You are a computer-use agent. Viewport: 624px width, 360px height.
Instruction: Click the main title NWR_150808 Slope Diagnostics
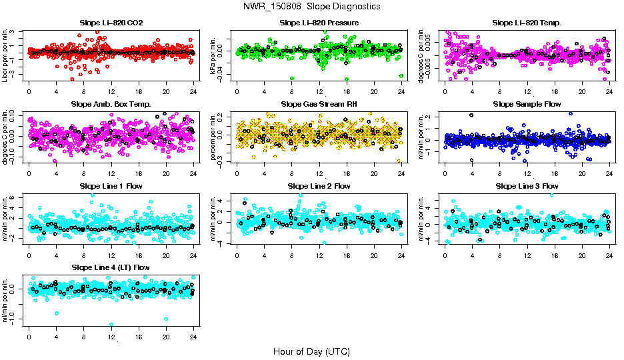(x=312, y=6)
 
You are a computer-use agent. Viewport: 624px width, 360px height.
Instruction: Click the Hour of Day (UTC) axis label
(x=311, y=351)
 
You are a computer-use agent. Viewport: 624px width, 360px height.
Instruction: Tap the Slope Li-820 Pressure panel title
(x=319, y=23)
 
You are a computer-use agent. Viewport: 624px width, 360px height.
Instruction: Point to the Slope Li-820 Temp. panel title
(x=527, y=23)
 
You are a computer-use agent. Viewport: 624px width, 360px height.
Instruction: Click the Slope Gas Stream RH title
(x=319, y=104)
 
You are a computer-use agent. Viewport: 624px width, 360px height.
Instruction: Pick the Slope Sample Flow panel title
(x=527, y=104)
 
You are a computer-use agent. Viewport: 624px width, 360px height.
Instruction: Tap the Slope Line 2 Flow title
(x=319, y=185)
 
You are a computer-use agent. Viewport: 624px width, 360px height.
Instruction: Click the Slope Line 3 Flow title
(x=527, y=185)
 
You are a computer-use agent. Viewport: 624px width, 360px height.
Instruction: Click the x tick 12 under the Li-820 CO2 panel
(x=111, y=92)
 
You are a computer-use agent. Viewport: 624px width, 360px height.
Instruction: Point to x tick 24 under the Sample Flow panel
(x=609, y=173)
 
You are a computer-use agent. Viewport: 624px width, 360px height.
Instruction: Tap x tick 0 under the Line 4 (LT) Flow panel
(x=29, y=336)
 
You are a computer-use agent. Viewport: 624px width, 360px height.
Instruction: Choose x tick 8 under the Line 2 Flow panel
(x=292, y=255)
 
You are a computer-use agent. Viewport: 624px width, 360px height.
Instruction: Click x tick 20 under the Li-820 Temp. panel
(x=582, y=92)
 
